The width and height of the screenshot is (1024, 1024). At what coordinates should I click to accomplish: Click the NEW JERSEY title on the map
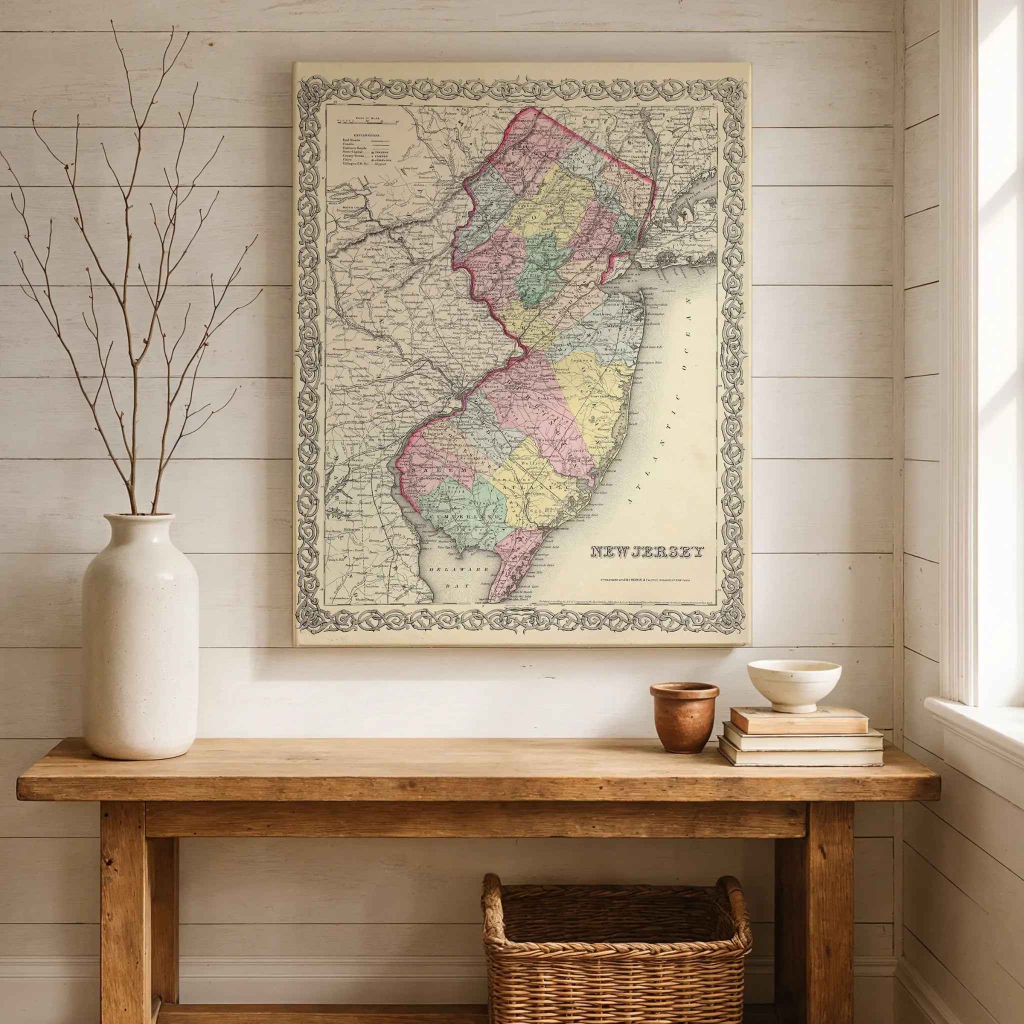coord(647,552)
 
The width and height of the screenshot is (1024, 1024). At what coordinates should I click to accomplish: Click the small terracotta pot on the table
coord(683,716)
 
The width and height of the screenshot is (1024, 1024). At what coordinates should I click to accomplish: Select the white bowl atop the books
coord(794,684)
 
